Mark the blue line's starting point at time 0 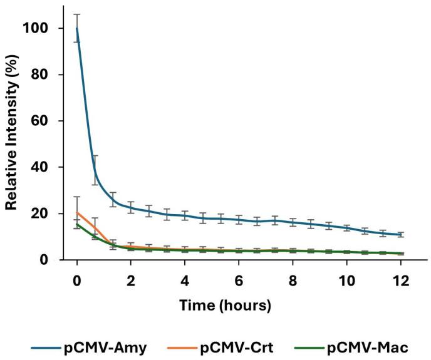[x=77, y=28]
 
